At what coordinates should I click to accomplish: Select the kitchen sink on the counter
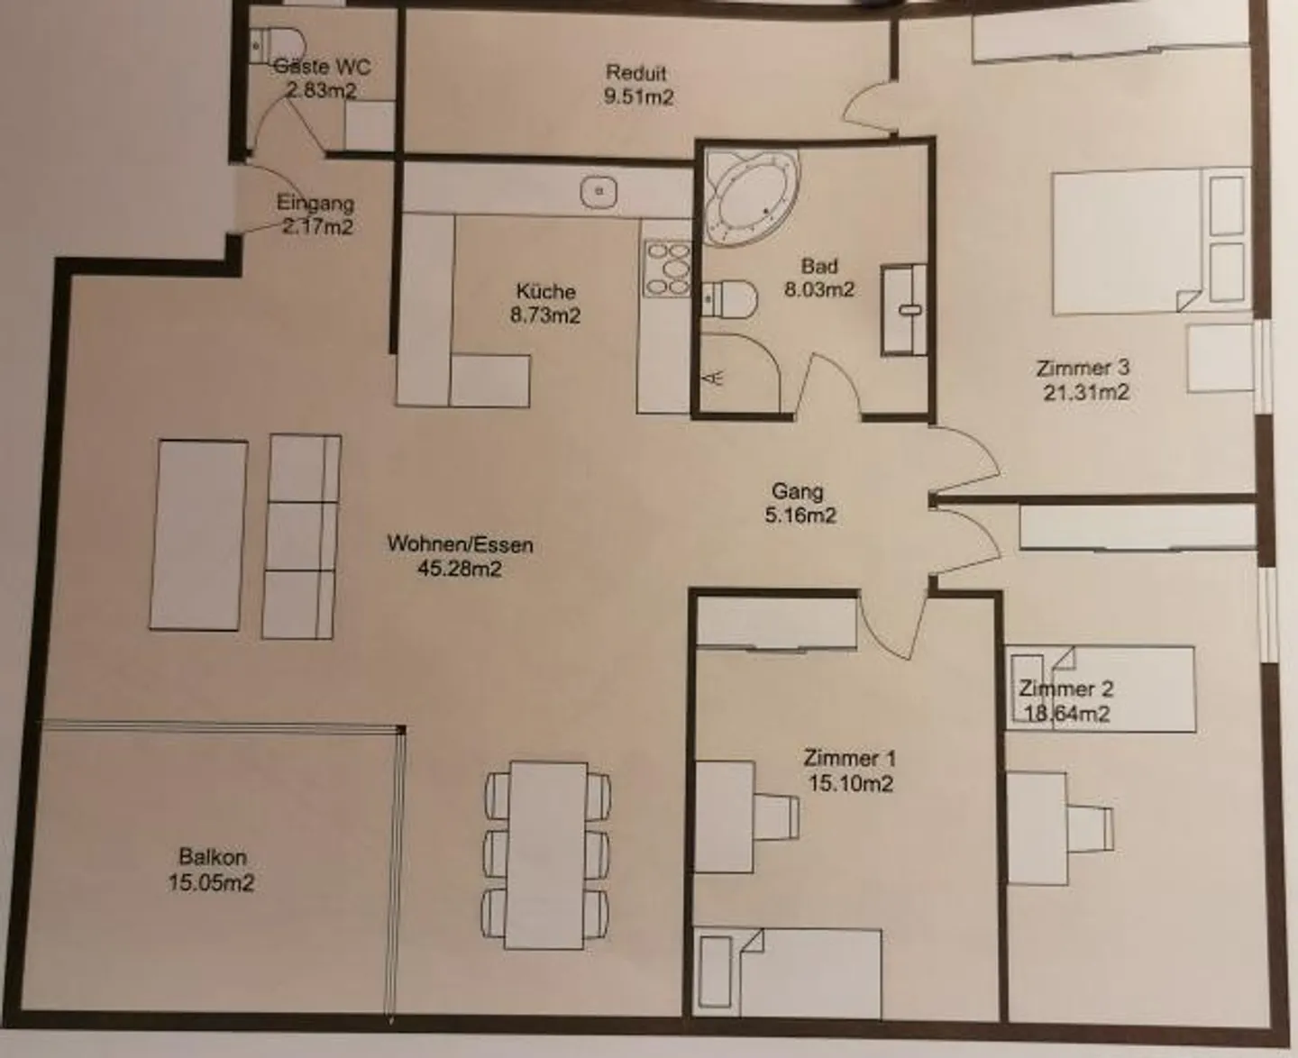[x=599, y=191]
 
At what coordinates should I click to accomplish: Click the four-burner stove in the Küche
[x=667, y=268]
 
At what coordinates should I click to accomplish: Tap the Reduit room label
[x=636, y=72]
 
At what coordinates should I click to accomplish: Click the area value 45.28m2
[x=460, y=569]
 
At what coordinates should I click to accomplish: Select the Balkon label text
[x=212, y=856]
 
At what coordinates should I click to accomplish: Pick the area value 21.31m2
[x=1085, y=392]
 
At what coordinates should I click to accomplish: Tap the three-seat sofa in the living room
[x=301, y=536]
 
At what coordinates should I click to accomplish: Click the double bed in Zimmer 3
[x=1127, y=242]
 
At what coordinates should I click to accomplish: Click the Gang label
[x=798, y=491]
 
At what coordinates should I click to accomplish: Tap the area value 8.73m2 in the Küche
[x=545, y=315]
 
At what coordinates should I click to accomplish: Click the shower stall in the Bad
[x=737, y=374]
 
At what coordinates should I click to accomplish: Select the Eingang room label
[x=315, y=204]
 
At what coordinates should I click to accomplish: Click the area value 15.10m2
[x=850, y=783]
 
